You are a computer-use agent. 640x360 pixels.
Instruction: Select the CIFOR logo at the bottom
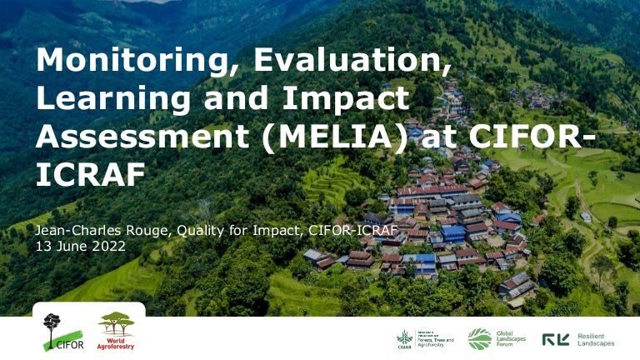pos(53,332)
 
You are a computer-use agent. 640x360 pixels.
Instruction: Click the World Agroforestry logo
pos(116,331)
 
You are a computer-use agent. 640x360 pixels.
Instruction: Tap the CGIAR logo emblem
pos(404,338)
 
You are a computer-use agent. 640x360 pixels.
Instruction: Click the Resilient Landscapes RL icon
pos(556,339)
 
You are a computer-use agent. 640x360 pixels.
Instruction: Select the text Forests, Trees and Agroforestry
pos(437,339)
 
